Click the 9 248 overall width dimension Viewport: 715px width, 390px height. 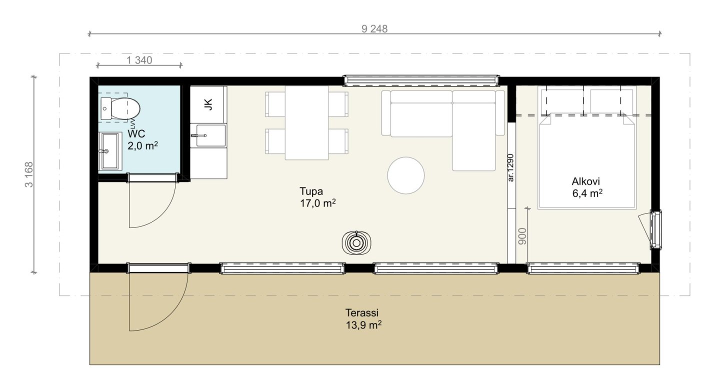coord(374,28)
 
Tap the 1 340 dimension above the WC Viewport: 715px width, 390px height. coord(139,60)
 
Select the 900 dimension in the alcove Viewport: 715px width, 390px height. coord(522,236)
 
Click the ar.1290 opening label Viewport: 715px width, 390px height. coord(511,168)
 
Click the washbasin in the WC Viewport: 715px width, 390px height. coord(110,151)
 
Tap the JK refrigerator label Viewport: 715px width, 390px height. coord(208,104)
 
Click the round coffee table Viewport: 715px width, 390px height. coord(405,175)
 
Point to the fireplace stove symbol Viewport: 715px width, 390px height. coord(356,243)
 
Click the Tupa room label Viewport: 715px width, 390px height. coord(311,191)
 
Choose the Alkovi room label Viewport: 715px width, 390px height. coord(585,181)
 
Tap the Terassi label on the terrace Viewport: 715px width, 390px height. coord(362,312)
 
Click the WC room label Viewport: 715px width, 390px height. coord(136,133)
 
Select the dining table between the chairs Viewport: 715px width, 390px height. coord(306,122)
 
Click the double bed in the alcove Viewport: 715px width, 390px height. coord(586,161)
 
